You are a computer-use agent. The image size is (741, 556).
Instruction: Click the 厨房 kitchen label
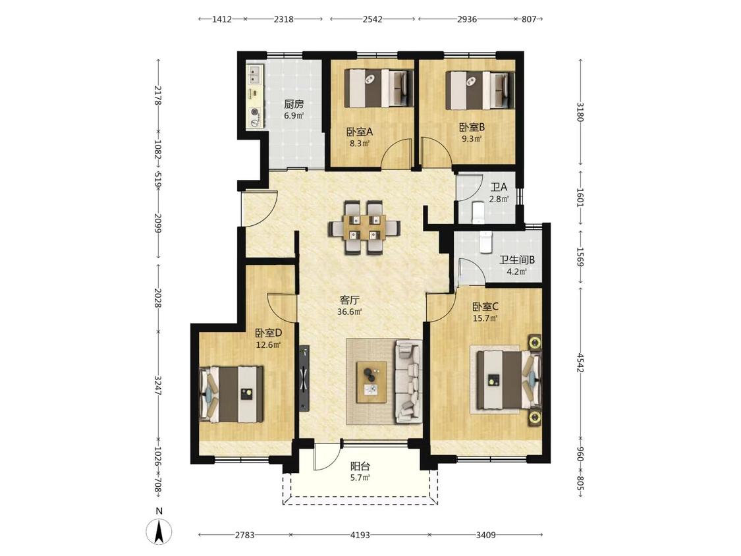click(x=294, y=104)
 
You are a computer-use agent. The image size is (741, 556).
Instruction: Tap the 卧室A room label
click(x=360, y=132)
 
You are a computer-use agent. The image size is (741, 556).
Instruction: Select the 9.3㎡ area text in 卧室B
click(x=472, y=139)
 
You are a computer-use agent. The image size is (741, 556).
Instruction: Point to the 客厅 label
click(x=350, y=300)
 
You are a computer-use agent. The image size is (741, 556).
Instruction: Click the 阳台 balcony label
click(x=360, y=466)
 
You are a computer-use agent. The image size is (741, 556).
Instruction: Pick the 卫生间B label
click(x=517, y=260)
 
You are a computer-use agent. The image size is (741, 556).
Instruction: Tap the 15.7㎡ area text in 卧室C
click(x=485, y=318)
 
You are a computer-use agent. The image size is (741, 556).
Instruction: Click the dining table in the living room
click(x=364, y=227)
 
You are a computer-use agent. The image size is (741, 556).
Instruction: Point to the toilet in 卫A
click(x=478, y=212)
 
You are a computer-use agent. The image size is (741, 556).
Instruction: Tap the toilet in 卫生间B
click(x=485, y=242)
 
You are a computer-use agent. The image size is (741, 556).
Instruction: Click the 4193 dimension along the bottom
click(x=360, y=535)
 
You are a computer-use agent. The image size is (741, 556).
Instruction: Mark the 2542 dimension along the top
click(x=372, y=19)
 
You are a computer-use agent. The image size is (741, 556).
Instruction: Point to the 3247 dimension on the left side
click(x=158, y=386)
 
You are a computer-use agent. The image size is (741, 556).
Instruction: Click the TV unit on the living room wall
click(x=304, y=377)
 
